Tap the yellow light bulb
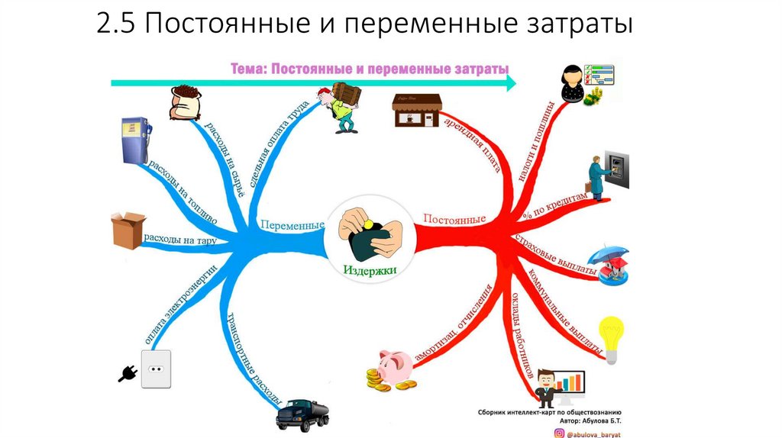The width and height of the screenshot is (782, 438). tap(612, 337)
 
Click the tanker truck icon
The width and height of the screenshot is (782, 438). tap(304, 414)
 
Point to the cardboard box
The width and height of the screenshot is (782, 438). tap(128, 228)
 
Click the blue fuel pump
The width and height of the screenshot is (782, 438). tap(134, 140)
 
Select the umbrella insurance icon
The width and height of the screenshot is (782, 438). tap(613, 264)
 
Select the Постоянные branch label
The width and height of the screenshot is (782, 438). tap(455, 220)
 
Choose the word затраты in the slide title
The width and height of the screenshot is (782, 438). tap(581, 26)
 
